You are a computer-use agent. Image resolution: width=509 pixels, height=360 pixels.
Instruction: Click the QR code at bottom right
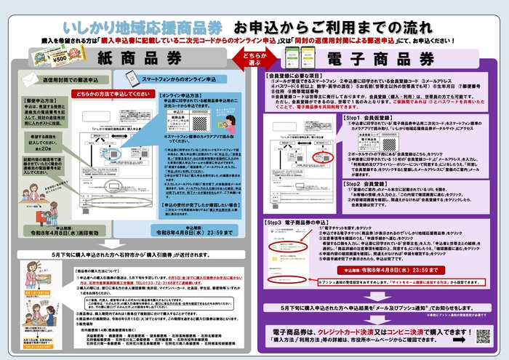coord(484,336)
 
